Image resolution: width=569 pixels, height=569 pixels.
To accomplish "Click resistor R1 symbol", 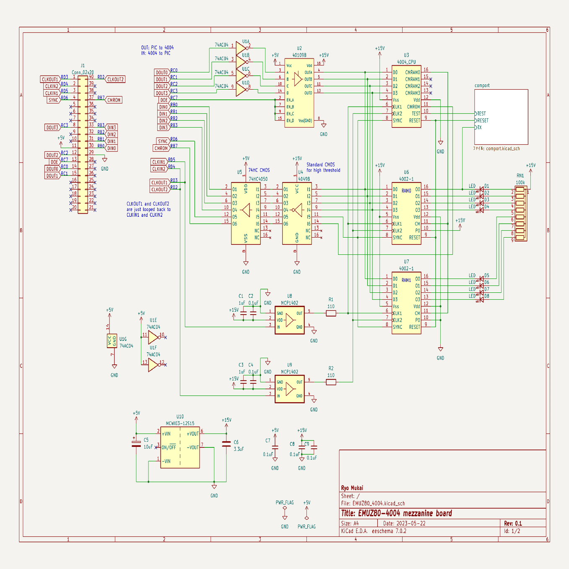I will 331,313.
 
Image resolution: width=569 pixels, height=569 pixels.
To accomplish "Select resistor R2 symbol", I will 331,382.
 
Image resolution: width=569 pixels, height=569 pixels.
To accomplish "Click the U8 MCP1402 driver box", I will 289,320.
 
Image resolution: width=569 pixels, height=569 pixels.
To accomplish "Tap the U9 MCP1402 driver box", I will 289,389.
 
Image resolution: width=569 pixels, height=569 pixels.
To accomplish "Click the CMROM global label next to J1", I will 114,100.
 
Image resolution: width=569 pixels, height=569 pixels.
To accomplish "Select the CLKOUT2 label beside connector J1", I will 115,79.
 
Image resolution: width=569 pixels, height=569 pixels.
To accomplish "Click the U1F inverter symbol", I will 153,365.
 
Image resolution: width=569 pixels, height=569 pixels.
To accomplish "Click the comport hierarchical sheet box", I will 501,117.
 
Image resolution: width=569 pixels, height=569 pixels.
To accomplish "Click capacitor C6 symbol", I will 226,444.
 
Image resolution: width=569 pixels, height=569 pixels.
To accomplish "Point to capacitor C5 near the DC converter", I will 136,444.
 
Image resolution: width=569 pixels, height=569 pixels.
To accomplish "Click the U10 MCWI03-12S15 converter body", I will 180,447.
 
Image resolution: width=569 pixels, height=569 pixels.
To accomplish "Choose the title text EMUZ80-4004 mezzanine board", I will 396,513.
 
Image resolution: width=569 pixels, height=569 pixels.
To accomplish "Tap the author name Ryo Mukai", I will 352,488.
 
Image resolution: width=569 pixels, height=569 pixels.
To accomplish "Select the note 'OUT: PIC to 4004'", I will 157,48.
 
